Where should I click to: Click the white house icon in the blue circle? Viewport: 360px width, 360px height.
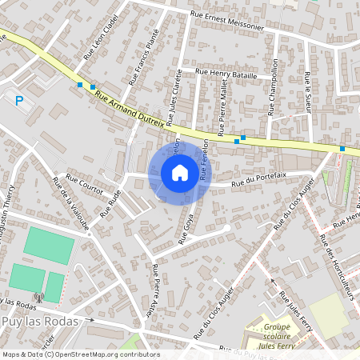pos(180,173)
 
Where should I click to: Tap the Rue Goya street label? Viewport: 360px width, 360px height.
pos(189,228)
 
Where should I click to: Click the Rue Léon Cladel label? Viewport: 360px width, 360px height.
pos(101,38)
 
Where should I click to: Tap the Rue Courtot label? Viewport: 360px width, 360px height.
pos(85,184)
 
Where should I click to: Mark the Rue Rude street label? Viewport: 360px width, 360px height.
pos(110,203)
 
